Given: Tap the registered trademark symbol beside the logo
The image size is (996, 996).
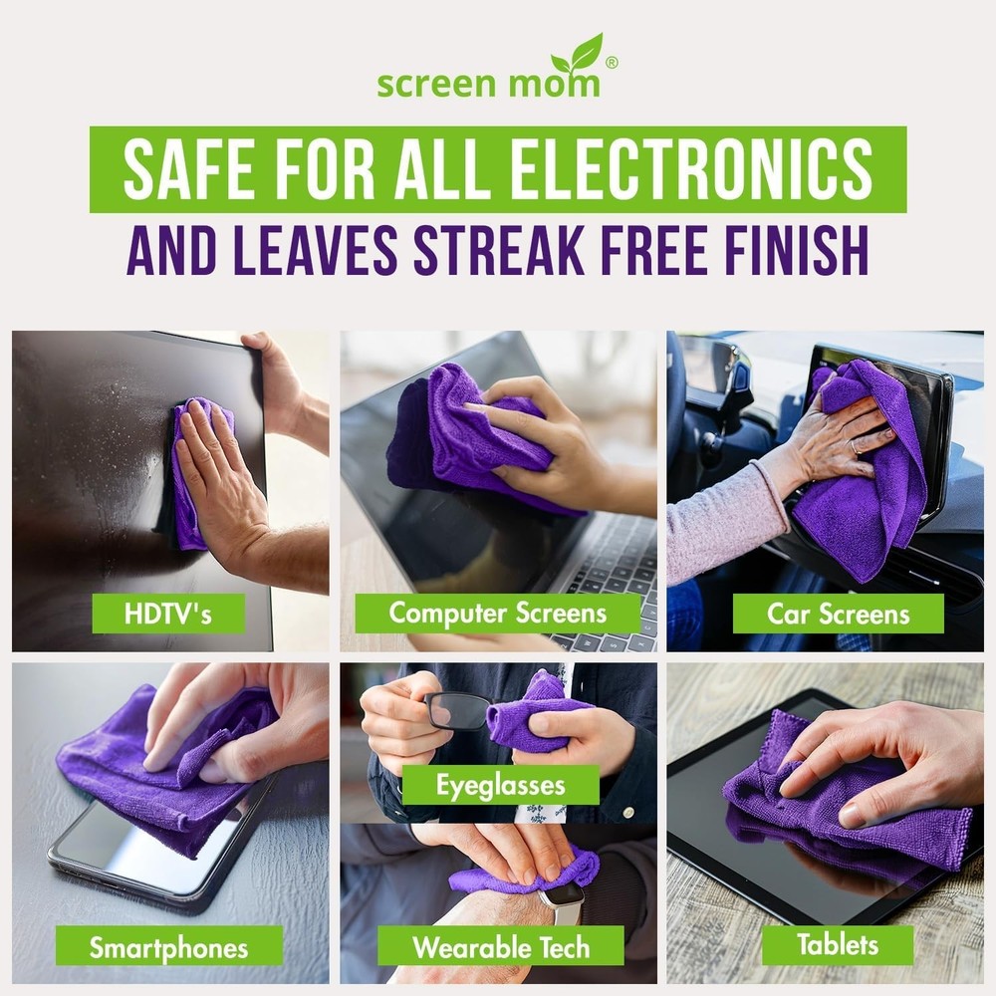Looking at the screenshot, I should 612,62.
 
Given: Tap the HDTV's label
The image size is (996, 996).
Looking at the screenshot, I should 168,613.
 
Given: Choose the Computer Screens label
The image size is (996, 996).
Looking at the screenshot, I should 498,613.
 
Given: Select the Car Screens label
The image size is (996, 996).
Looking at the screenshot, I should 838,614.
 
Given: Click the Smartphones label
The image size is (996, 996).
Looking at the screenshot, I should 168,946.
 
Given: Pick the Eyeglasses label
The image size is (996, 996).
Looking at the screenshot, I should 500,785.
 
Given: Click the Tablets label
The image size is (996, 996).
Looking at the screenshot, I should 838,944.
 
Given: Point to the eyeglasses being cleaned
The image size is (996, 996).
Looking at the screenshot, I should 457,710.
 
